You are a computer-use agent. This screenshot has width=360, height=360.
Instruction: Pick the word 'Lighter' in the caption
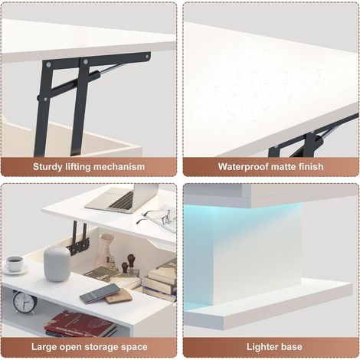coord(262,347)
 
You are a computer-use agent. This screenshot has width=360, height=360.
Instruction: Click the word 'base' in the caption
coord(291,347)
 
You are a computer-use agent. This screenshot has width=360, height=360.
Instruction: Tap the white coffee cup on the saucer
coord(14,263)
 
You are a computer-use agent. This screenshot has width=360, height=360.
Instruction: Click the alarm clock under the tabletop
coord(25,303)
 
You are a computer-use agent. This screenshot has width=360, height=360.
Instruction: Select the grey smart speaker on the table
coord(57,264)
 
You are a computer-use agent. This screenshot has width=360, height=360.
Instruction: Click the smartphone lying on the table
coord(100,293)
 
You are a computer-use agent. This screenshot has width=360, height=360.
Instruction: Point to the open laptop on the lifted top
coord(122,198)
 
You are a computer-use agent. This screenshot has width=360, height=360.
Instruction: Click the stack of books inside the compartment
coord(159,282)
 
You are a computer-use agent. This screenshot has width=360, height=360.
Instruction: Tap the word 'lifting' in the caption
coord(76,167)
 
